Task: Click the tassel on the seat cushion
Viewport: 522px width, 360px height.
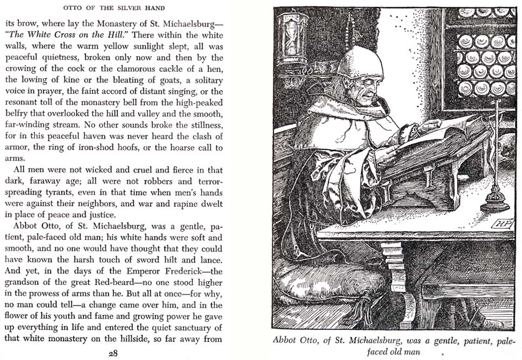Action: pos(361,312)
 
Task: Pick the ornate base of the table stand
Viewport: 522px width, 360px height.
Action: pos(495,201)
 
